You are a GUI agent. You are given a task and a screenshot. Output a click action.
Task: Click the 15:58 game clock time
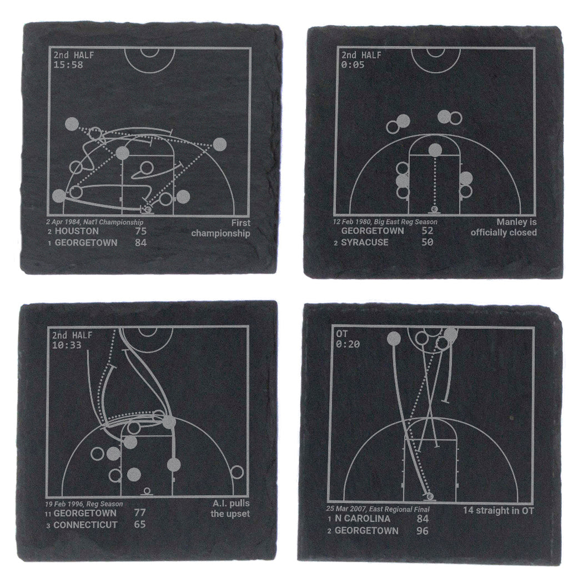coord(68,65)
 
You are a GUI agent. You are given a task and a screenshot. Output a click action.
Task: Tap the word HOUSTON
coord(77,231)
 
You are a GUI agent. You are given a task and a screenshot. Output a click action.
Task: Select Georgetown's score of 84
coord(141,243)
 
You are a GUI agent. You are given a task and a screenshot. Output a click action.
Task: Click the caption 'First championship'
coord(220,228)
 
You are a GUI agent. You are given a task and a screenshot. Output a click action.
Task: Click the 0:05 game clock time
coord(353,65)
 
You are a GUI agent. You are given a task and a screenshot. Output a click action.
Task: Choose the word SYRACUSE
coord(365,243)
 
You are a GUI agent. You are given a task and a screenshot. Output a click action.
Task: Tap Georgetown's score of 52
coord(427,230)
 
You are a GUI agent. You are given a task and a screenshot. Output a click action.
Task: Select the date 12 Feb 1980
coord(351,222)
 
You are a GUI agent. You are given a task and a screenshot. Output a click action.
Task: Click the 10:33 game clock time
coord(67,345)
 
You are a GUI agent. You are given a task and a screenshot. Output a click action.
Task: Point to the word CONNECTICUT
coord(86,525)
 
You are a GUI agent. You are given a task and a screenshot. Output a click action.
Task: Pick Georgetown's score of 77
coord(140,512)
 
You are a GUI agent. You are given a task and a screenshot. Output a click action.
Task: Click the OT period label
coord(341,334)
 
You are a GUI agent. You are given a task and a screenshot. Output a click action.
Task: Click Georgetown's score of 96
coord(423,531)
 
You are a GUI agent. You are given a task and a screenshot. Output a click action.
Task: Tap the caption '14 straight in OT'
coord(498,510)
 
